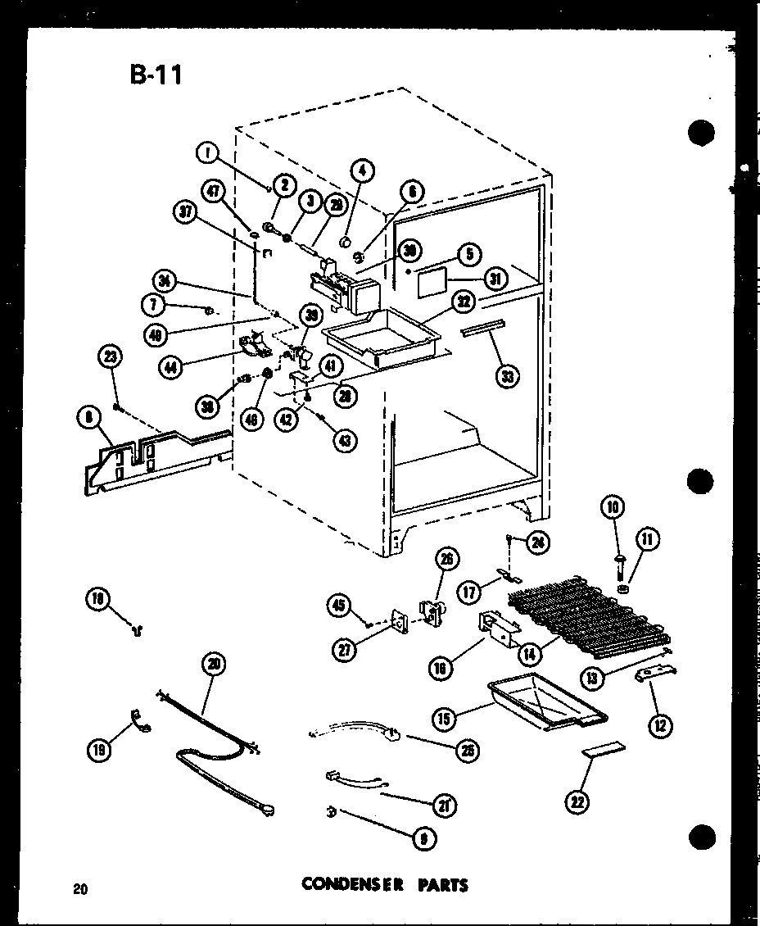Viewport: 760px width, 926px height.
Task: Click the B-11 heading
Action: click(156, 75)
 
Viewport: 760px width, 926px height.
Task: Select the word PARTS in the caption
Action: click(443, 884)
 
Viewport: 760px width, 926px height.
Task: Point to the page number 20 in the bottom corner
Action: click(79, 888)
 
